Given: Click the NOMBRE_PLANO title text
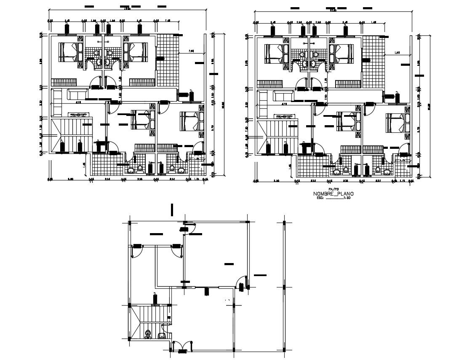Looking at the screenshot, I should pyautogui.click(x=333, y=194).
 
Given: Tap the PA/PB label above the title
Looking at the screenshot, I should pyautogui.click(x=333, y=189).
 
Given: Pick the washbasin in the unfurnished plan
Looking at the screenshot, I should pyautogui.click(x=162, y=336).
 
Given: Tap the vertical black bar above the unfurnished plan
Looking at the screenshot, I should pyautogui.click(x=171, y=209).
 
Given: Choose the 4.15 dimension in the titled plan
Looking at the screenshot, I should pyautogui.click(x=285, y=102).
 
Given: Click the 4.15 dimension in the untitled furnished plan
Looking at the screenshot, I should pyautogui.click(x=78, y=102).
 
